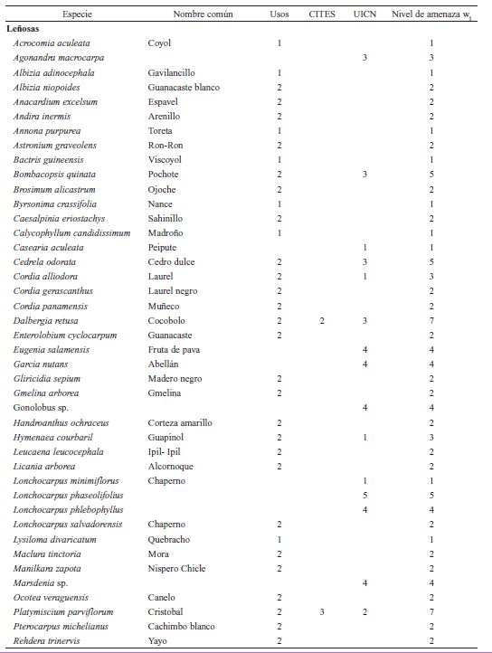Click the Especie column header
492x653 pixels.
click(x=77, y=14)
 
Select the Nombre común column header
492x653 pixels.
click(x=203, y=14)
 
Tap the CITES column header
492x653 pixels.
click(x=322, y=14)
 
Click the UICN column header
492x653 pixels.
click(x=364, y=14)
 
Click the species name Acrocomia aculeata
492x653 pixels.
click(x=52, y=43)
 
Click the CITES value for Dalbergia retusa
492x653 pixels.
click(x=322, y=320)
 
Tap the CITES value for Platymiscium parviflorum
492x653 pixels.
click(x=322, y=611)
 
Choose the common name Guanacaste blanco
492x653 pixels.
click(x=184, y=87)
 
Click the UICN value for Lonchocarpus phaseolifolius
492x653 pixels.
click(x=364, y=495)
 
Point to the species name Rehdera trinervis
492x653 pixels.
click(x=46, y=640)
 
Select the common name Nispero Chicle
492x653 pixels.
click(x=176, y=568)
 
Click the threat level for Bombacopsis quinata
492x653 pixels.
click(x=432, y=175)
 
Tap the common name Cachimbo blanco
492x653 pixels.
click(x=181, y=626)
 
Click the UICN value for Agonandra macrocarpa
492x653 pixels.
click(x=364, y=58)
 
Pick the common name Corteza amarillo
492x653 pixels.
click(x=180, y=422)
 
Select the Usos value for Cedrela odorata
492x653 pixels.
click(x=279, y=262)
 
